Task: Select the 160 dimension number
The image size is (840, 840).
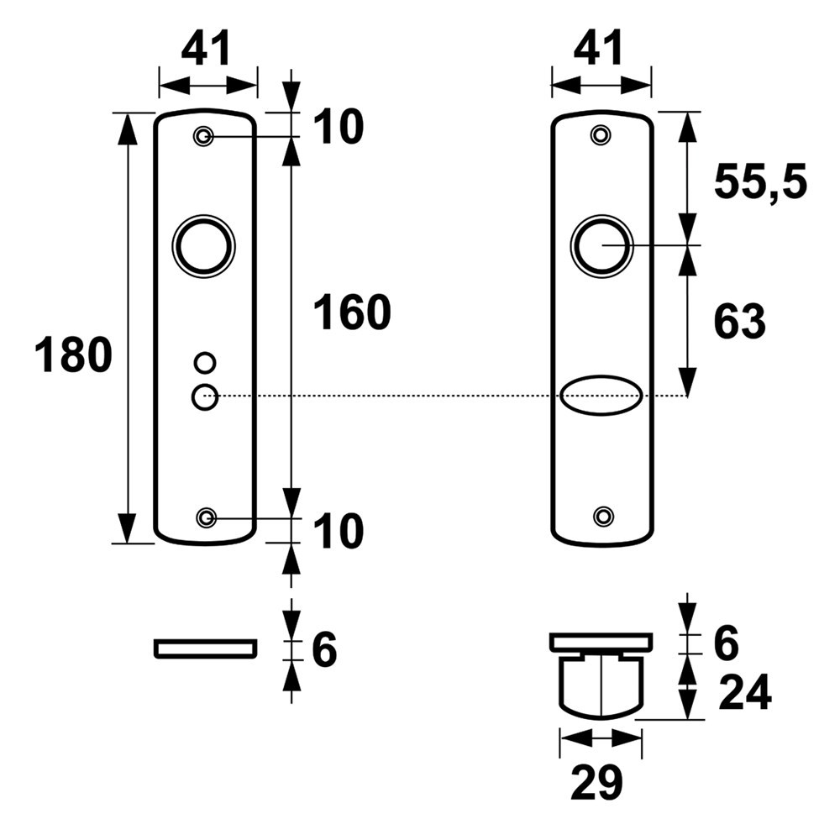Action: (x=352, y=313)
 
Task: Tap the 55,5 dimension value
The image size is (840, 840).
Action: (x=759, y=182)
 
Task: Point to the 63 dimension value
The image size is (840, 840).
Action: (x=739, y=323)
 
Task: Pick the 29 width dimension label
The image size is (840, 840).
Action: (x=596, y=784)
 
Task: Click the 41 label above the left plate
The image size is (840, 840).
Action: (x=207, y=50)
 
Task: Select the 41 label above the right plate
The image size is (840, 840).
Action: (x=600, y=50)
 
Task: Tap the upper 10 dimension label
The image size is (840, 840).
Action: (x=339, y=128)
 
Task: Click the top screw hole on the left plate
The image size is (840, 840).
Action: (x=203, y=136)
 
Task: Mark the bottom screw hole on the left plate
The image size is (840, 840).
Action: (x=205, y=517)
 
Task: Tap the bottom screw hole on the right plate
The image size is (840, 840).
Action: (x=602, y=516)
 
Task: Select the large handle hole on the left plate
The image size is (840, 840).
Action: (x=203, y=245)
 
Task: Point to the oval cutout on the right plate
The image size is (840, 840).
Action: (x=601, y=395)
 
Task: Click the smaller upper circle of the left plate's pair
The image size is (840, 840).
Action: (x=203, y=363)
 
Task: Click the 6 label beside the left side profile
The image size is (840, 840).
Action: (x=323, y=650)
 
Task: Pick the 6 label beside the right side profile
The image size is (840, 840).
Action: (x=724, y=644)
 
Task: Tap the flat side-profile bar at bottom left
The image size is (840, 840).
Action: (x=205, y=648)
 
